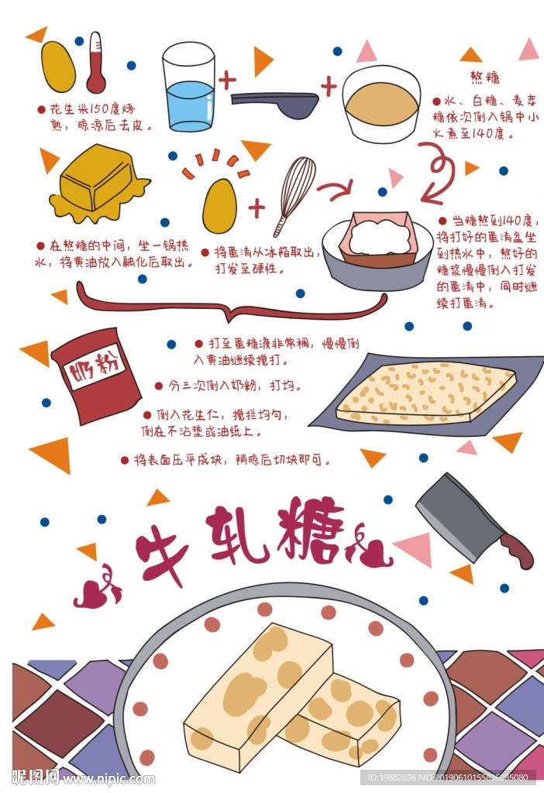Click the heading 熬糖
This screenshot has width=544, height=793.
(x=484, y=77)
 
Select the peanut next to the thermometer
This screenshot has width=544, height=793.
(x=57, y=67)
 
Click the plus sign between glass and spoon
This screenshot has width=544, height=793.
(x=226, y=79)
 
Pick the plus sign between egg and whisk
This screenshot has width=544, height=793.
(x=256, y=208)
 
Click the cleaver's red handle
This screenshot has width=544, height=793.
(x=517, y=549)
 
